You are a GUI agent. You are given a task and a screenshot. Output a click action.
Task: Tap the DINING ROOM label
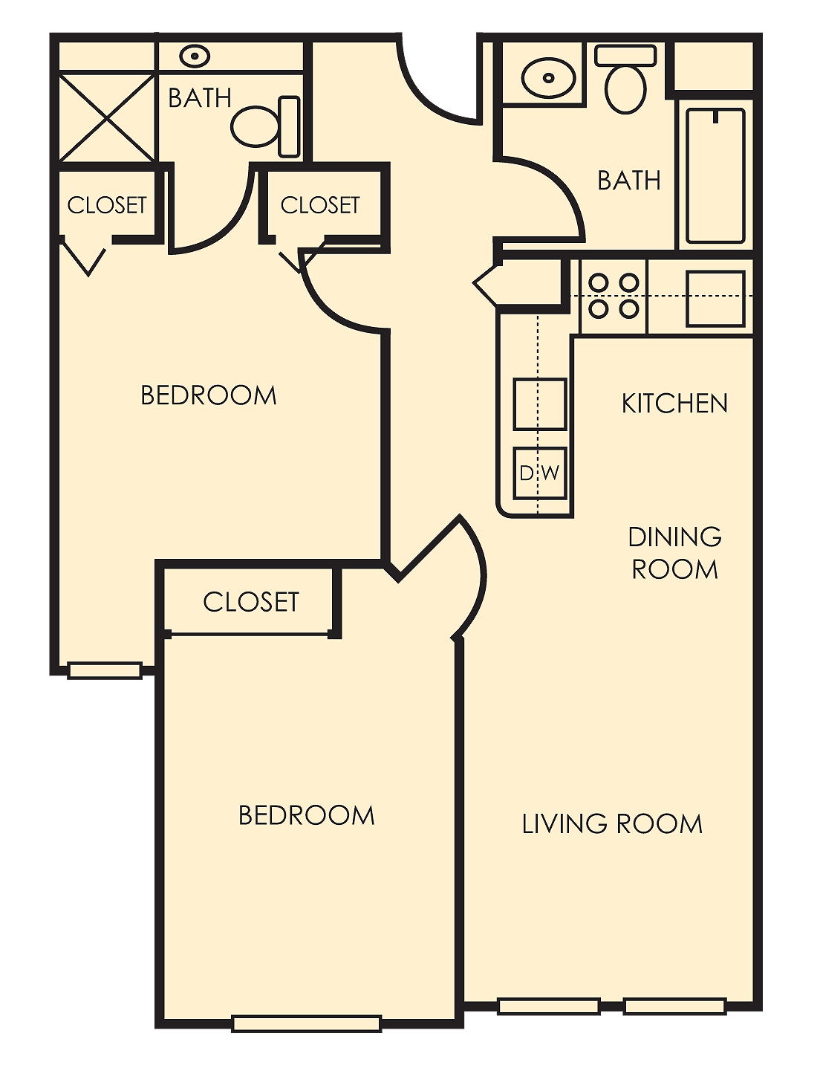point(674,553)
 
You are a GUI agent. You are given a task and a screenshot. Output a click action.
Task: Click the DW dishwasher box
point(539,473)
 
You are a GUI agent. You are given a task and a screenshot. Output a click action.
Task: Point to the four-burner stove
point(613,296)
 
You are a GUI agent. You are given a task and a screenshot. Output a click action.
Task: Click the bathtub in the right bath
point(715,175)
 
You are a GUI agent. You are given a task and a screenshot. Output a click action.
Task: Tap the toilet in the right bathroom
point(626,80)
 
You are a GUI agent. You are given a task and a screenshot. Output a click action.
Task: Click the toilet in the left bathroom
point(265,127)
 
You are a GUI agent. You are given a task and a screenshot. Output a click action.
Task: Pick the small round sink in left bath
point(195,56)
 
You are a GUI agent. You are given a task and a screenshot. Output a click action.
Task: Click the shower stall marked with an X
point(107,117)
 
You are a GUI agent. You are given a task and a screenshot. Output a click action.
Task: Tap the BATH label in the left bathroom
point(200,98)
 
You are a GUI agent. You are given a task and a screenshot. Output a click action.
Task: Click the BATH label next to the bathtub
point(629,181)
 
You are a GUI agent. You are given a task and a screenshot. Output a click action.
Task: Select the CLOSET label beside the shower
point(107,205)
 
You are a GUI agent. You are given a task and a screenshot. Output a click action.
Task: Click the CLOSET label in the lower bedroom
point(250,602)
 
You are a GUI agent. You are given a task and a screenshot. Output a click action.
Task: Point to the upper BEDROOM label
point(209,395)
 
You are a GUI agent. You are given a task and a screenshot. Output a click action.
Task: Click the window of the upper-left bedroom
point(105,670)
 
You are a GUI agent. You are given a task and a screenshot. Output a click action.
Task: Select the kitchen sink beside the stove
point(715,299)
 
